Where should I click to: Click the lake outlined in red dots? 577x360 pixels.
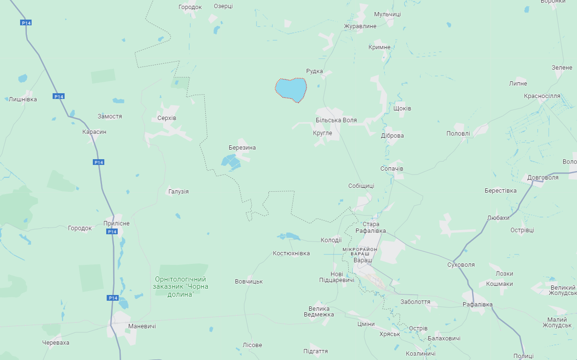[x=291, y=89]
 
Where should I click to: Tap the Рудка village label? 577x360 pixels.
[x=314, y=71]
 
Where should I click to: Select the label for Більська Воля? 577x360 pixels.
[x=336, y=120]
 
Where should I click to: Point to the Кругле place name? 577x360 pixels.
[x=322, y=133]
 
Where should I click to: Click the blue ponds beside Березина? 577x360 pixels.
[x=232, y=162]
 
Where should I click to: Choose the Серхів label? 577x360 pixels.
[x=167, y=118]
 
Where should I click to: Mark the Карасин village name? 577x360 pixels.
[x=94, y=131]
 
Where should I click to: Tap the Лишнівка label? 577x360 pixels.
[x=22, y=99]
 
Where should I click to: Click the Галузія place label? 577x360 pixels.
[x=178, y=191]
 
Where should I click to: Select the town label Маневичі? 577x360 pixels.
[x=142, y=326]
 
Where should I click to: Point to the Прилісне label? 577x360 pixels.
[x=116, y=223]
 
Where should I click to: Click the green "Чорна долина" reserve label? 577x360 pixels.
[x=180, y=286]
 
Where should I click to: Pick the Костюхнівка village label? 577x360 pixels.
[x=291, y=253]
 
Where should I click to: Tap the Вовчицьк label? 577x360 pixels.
[x=249, y=282]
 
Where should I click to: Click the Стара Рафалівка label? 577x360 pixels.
[x=371, y=228]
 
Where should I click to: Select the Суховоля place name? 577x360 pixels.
[x=460, y=264]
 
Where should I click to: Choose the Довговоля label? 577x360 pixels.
[x=543, y=177]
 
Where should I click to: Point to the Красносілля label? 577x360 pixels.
[x=542, y=96]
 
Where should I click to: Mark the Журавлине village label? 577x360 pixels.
[x=360, y=26]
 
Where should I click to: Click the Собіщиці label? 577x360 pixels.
[x=361, y=185]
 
